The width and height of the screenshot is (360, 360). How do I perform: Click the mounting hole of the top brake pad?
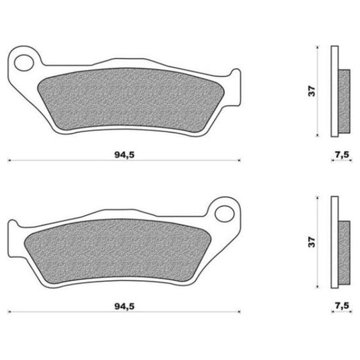(24, 63)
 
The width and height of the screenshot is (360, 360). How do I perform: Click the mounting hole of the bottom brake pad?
(225, 214)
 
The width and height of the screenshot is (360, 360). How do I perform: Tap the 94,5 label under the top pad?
(124, 155)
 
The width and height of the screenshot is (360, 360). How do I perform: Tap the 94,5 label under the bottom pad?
(124, 306)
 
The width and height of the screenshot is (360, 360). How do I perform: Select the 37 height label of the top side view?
(312, 91)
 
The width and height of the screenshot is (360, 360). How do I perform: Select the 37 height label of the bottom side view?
(312, 242)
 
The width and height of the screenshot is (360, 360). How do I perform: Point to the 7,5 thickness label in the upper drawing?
(342, 155)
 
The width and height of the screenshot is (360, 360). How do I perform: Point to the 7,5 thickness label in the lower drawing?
(342, 305)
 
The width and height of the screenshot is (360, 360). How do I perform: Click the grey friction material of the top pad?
(129, 99)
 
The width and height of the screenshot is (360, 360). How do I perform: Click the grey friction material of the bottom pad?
(117, 250)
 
